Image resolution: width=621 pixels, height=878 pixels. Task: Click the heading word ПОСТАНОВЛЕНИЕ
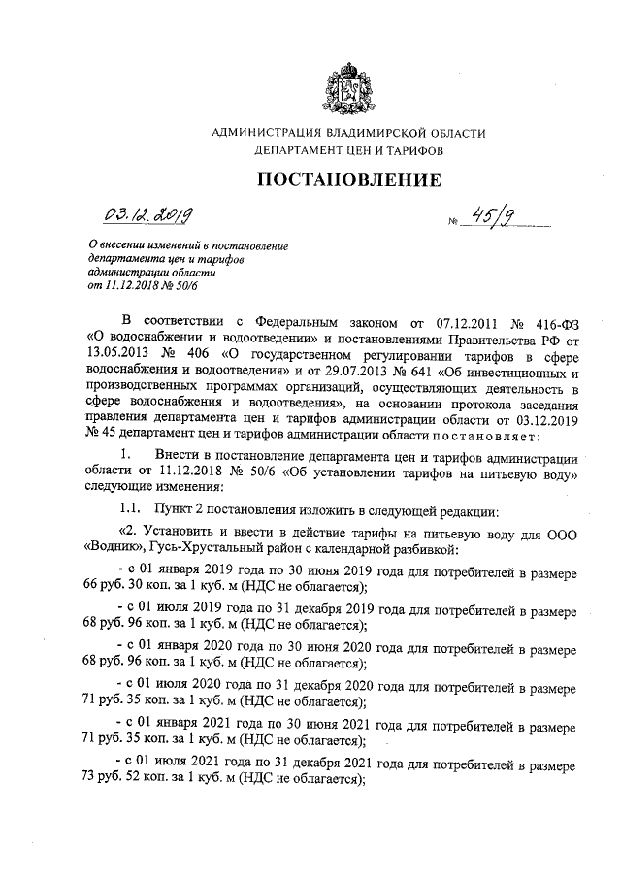(348, 179)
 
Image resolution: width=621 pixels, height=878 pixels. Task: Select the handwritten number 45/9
(479, 222)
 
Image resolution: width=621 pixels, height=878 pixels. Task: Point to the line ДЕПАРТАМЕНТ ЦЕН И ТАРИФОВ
(348, 152)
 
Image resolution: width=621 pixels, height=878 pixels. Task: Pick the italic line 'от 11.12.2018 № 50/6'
(143, 286)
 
